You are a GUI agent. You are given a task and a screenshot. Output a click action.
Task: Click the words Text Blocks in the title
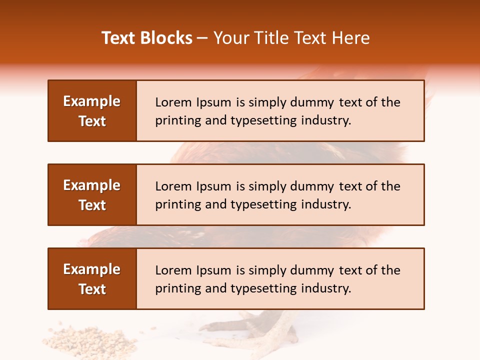(147, 38)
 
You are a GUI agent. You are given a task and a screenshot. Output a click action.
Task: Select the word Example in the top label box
(92, 101)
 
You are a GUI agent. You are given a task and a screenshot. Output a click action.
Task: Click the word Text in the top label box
(92, 121)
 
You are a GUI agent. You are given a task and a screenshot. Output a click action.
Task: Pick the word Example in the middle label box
(92, 185)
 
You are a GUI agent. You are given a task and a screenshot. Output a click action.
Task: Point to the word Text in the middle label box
(92, 205)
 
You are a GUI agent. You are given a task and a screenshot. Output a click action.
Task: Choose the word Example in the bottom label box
(92, 269)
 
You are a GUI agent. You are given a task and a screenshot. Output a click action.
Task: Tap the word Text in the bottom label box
(92, 289)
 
